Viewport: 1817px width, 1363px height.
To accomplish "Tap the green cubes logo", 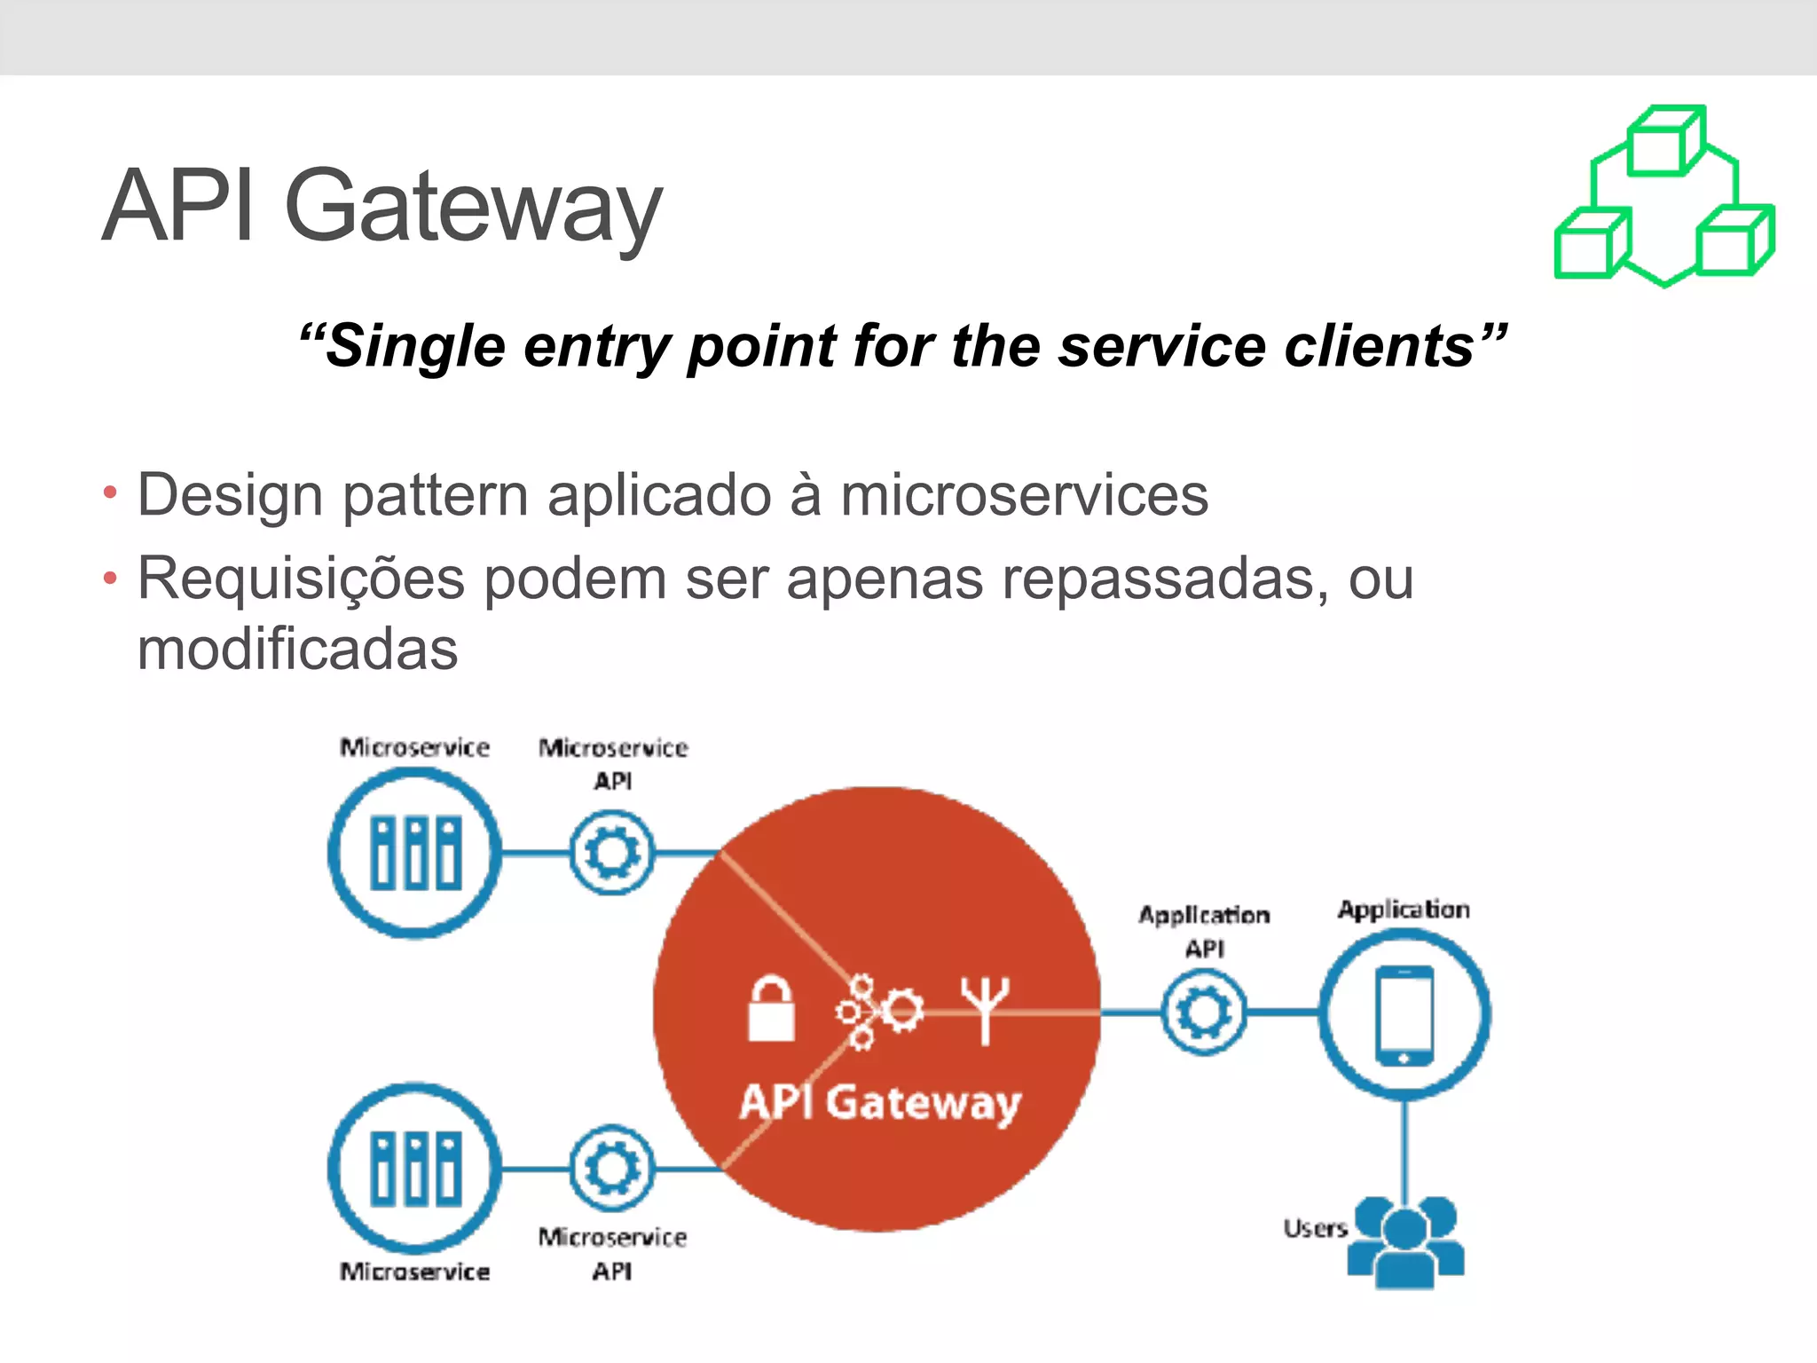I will coord(1664,197).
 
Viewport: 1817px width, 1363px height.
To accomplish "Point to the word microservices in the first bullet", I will coord(1024,495).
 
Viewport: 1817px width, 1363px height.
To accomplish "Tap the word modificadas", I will coord(297,650).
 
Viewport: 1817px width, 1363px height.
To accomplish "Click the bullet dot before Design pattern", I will coord(110,493).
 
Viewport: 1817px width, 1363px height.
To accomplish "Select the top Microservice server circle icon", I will coord(415,853).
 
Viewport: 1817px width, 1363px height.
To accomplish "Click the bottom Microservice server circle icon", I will coord(415,1168).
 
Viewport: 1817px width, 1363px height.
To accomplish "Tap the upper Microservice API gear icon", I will coord(612,853).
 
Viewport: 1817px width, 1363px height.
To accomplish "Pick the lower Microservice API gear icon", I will coord(612,1168).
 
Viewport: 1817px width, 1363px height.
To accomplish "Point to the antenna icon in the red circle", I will coord(985,1010).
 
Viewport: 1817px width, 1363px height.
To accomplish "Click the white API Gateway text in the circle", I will coord(880,1103).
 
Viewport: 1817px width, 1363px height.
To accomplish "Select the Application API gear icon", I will coord(1204,1012).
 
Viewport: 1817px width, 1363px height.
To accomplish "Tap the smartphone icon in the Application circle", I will coord(1404,1015).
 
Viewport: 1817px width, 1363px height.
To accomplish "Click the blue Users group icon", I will coord(1405,1241).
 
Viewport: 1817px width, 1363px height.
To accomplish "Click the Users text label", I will coord(1315,1229).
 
